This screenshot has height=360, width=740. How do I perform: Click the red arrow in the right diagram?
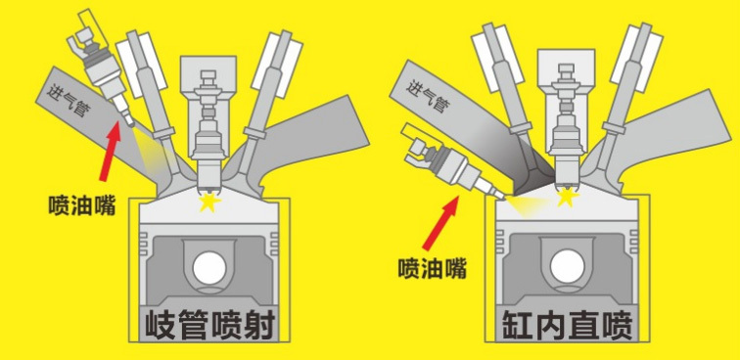point(440,223)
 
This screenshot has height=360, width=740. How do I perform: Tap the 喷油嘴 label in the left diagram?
point(82,204)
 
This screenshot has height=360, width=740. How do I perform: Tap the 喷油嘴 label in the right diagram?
point(432,268)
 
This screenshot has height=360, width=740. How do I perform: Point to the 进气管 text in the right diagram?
point(426,96)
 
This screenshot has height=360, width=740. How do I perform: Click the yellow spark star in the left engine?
point(209,202)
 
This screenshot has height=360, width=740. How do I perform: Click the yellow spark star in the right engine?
point(567,198)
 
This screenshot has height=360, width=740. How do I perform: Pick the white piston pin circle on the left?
point(209,268)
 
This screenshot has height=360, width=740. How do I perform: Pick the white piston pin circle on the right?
point(568,266)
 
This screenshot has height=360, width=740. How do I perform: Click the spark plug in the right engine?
point(565,127)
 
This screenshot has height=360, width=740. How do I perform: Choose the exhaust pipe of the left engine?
point(302,137)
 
